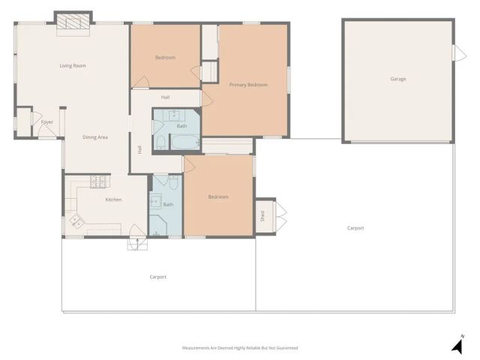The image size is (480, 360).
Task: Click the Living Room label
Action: tap(73, 66)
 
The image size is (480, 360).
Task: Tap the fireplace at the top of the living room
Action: tap(73, 22)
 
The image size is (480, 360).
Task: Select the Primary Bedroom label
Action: tap(248, 85)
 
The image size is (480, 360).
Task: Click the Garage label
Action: tap(397, 79)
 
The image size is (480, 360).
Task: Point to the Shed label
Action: tap(262, 217)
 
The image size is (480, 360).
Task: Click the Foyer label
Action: tap(47, 121)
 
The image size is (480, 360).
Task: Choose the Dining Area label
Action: tap(95, 137)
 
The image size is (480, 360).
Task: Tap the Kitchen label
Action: tap(113, 199)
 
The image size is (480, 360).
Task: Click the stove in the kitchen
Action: tap(99, 181)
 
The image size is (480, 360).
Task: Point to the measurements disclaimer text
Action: tap(240, 348)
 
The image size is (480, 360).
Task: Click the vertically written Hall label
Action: tap(139, 149)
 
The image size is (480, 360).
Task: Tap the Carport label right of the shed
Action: tap(355, 228)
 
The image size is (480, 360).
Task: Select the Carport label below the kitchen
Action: tap(157, 277)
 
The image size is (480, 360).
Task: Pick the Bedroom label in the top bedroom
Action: tap(165, 58)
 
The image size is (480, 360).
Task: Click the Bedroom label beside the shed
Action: tap(217, 196)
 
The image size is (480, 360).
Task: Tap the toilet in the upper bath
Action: tap(161, 142)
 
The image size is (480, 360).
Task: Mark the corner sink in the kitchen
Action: tap(76, 220)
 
